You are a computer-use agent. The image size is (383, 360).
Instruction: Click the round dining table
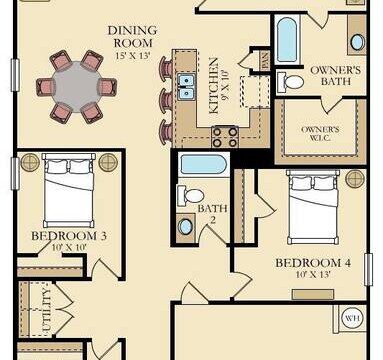pyautogui.click(x=77, y=87)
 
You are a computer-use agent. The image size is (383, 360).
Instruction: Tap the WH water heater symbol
pyautogui.click(x=352, y=318)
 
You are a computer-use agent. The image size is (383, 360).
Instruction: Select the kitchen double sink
pyautogui.click(x=186, y=87)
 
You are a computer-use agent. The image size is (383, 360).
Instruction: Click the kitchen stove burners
pyautogui.click(x=225, y=137)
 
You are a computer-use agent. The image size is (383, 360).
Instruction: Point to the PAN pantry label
pyautogui.click(x=266, y=61)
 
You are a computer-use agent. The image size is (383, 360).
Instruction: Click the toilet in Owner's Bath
pyautogui.click(x=290, y=82)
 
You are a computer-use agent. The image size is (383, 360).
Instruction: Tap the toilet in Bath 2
pyautogui.click(x=190, y=196)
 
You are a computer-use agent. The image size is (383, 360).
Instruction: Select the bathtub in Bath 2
pyautogui.click(x=203, y=164)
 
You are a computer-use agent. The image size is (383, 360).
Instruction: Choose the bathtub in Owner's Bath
pyautogui.click(x=286, y=40)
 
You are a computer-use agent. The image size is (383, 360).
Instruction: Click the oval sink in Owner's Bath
pyautogui.click(x=357, y=42)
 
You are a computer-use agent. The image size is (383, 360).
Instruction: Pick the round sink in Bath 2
pyautogui.click(x=185, y=227)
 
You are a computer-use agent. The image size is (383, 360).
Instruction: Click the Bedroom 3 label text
pyautogui.click(x=69, y=236)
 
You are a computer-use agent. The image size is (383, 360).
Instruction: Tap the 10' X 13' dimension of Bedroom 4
pyautogui.click(x=313, y=275)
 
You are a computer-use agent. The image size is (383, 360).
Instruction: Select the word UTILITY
pyautogui.click(x=48, y=309)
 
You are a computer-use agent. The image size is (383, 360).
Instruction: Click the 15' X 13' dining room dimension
pyautogui.click(x=133, y=55)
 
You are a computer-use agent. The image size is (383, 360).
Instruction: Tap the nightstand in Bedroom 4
pyautogui.click(x=355, y=179)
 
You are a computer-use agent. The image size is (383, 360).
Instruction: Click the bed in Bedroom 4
pyautogui.click(x=313, y=207)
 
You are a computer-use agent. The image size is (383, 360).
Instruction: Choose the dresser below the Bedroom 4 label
pyautogui.click(x=313, y=294)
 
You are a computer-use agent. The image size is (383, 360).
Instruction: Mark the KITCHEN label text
pyautogui.click(x=214, y=86)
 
